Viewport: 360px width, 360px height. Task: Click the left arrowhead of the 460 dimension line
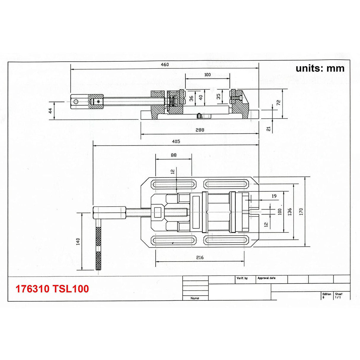pos(72,69)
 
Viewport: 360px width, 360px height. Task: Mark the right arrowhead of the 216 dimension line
pos(242,261)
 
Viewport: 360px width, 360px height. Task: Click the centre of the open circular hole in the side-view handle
pos(76,102)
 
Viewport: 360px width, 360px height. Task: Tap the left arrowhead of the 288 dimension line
pos(142,134)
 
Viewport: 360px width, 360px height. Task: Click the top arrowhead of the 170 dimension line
pos(305,179)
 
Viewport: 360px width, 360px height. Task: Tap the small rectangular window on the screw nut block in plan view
pos(158,213)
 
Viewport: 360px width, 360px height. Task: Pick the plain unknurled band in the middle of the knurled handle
pos(98,249)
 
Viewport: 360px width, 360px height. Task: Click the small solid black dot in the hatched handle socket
pos(98,102)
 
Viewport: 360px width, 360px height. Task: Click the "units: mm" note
pos(320,69)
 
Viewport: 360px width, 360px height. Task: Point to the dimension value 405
pos(176,141)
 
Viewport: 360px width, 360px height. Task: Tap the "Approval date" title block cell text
pos(266,278)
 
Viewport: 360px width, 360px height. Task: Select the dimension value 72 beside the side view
pos(278,103)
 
